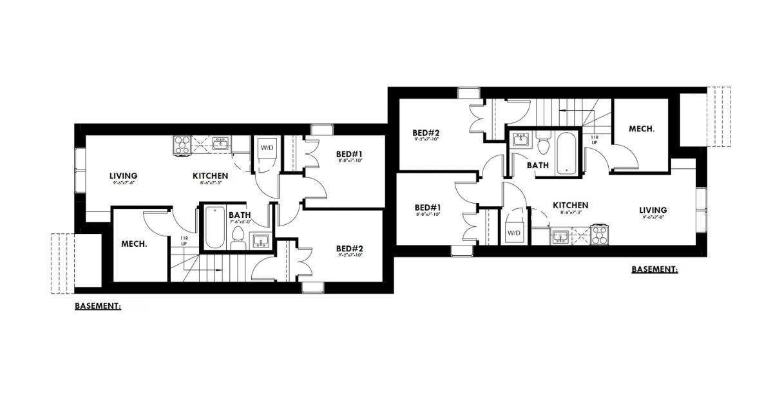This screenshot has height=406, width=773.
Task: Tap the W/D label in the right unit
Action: pyautogui.click(x=514, y=232)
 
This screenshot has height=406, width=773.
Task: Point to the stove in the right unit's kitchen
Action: pyautogui.click(x=600, y=235)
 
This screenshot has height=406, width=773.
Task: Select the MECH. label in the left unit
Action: pyautogui.click(x=134, y=244)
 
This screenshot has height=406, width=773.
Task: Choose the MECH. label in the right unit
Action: pyautogui.click(x=642, y=129)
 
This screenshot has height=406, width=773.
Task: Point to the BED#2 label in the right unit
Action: pyautogui.click(x=426, y=134)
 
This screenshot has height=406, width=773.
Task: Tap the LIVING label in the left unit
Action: pyautogui.click(x=123, y=176)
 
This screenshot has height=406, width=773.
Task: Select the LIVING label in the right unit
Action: pyautogui.click(x=653, y=210)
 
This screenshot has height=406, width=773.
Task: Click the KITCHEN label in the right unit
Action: pyautogui.click(x=570, y=206)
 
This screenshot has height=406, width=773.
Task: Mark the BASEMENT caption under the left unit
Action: pyautogui.click(x=97, y=307)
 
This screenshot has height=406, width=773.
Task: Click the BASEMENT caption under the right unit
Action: pyautogui.click(x=654, y=269)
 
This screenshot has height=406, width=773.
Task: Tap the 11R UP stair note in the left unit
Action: pyautogui.click(x=184, y=242)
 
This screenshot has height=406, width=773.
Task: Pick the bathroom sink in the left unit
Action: pyautogui.click(x=260, y=241)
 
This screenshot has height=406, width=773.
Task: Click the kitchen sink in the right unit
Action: pyautogui.click(x=559, y=237)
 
